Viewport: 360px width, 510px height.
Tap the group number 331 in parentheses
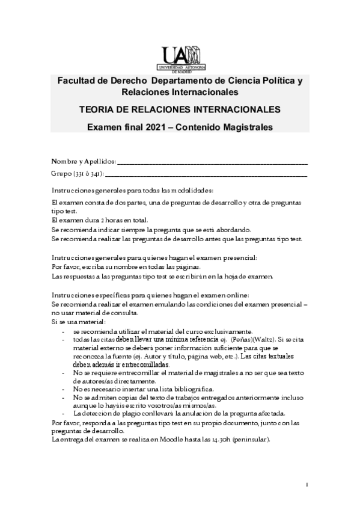(x=81, y=174)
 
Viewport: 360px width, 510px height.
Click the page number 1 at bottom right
(x=307, y=485)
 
